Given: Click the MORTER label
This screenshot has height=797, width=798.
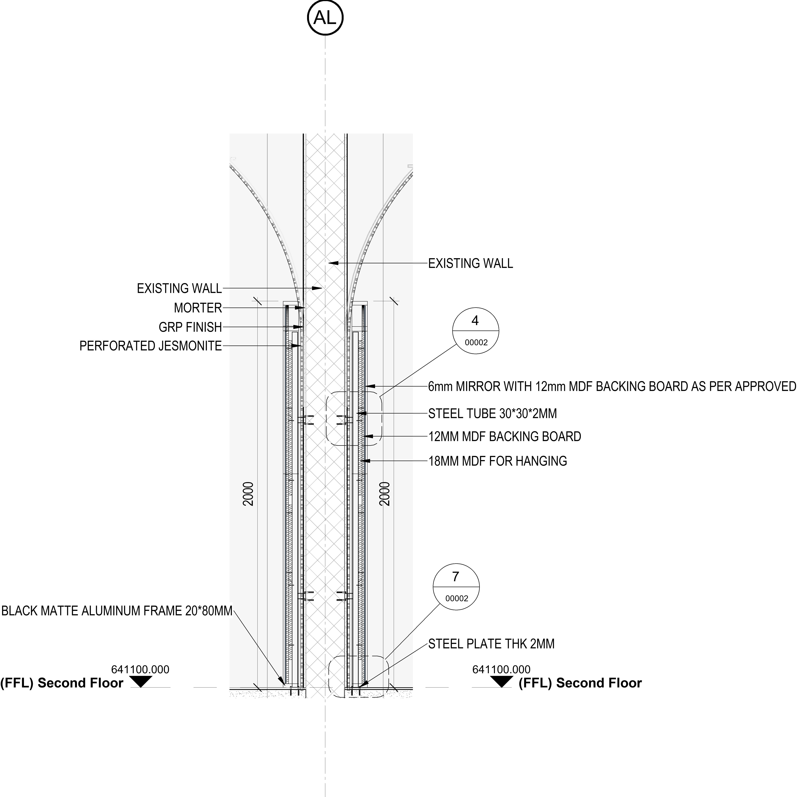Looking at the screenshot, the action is [198, 308].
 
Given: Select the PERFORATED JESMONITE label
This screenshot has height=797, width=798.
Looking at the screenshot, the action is [151, 346].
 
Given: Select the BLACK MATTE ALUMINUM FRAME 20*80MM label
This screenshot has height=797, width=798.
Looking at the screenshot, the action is [117, 611].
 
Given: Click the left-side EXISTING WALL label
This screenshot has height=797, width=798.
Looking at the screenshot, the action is [179, 289].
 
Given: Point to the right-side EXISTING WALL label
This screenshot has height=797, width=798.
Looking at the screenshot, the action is [471, 263].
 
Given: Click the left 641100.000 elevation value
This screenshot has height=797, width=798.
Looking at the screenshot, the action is [140, 669].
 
